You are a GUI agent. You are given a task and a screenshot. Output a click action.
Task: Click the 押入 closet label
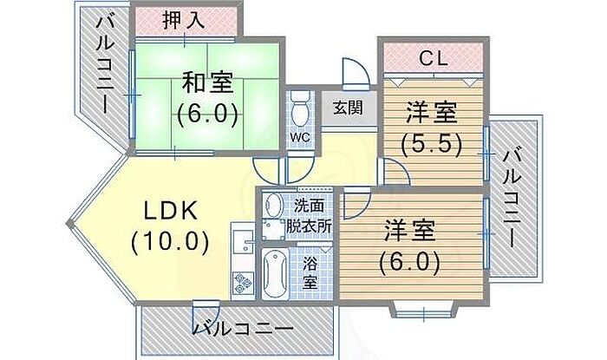pos(183,20)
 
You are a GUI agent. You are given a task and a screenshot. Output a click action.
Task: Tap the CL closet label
pos(434,59)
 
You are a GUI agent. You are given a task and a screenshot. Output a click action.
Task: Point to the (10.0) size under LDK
pos(170,242)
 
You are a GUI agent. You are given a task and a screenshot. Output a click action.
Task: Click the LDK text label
pos(171,211)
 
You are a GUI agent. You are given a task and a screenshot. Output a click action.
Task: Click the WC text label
pos(300,137)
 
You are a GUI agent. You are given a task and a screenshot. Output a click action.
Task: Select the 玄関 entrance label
pos(348,108)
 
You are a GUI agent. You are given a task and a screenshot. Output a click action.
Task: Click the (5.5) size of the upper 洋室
pos(432,144)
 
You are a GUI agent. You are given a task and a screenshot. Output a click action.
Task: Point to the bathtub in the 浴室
pos(275,273)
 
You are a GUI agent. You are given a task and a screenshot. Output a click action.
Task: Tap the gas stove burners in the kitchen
pos(243,282)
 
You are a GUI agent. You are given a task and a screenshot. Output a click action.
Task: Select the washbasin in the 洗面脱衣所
pos(273,205)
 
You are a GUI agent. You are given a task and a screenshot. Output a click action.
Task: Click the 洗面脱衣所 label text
pos(309,216)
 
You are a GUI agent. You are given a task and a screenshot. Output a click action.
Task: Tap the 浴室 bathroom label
pos(310,273)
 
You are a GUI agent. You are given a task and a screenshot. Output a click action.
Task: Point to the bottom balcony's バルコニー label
pos(243,329)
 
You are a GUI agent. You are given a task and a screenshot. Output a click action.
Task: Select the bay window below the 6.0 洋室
pos(423,310)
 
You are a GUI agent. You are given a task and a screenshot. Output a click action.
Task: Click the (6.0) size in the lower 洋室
pos(409,263)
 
